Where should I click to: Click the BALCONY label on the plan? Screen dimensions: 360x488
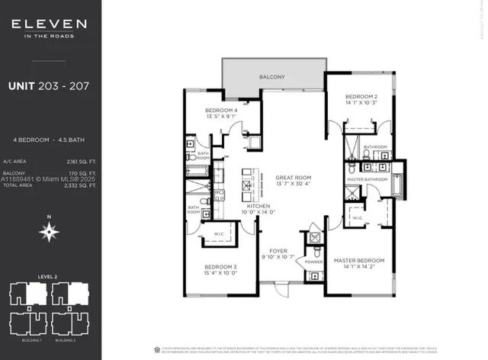tap(271, 77)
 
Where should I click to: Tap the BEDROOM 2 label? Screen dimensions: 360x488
tap(362, 97)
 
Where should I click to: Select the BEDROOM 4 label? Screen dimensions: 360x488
tap(221, 111)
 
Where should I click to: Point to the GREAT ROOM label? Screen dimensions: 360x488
tap(294, 178)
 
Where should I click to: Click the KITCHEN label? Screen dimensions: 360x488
tap(255, 205)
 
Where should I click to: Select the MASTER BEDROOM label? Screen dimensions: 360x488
tap(359, 261)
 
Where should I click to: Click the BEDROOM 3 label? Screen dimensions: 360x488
tap(221, 265)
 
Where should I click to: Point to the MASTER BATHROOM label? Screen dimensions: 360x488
tap(367, 179)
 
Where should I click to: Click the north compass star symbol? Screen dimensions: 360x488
tap(49, 233)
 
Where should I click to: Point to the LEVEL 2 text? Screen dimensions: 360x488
tap(50, 276)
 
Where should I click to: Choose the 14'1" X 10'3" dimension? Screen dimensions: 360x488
tap(362, 103)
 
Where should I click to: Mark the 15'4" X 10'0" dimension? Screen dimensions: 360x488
tap(221, 272)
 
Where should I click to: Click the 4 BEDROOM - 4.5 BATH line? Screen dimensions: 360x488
tap(50, 141)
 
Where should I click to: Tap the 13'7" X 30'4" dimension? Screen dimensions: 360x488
tap(294, 184)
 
